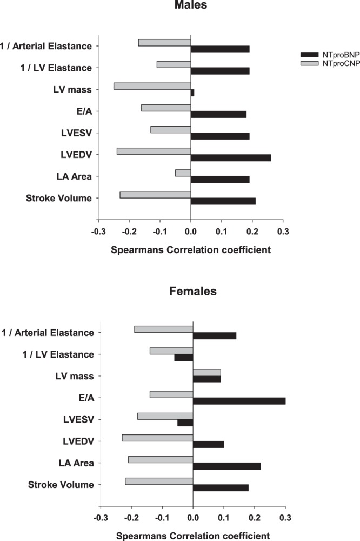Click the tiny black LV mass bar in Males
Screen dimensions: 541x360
pyautogui.click(x=192, y=93)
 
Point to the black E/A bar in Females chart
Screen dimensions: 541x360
pyautogui.click(x=239, y=401)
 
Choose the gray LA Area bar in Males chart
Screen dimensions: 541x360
pyautogui.click(x=183, y=173)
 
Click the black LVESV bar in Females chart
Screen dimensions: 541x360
pyautogui.click(x=185, y=423)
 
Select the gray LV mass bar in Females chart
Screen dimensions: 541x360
pyautogui.click(x=207, y=373)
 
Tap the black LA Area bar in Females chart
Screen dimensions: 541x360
pyautogui.click(x=227, y=466)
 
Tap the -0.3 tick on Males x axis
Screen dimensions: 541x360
pyautogui.click(x=98, y=231)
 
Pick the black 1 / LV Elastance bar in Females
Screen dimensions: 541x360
pyautogui.click(x=184, y=358)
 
